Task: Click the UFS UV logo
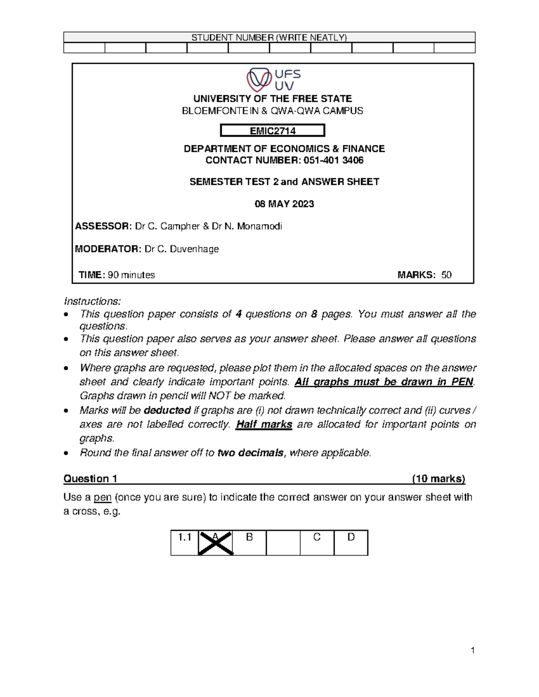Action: [273, 80]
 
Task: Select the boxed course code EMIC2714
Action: [273, 131]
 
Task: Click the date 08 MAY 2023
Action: [284, 204]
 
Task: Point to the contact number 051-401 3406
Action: [334, 161]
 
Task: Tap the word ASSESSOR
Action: [102, 227]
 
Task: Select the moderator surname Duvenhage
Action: [196, 249]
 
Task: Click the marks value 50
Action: [446, 275]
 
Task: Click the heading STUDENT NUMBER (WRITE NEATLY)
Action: [269, 37]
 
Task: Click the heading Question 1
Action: [90, 479]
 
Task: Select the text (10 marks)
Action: [438, 479]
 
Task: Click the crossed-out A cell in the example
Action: [216, 543]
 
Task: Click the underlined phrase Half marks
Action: [264, 425]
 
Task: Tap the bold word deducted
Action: [167, 410]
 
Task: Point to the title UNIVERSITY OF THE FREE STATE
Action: [272, 99]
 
